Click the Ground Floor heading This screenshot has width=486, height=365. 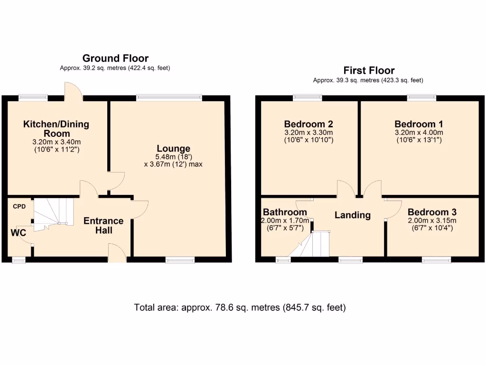pos(115,58)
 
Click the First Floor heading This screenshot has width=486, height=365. pos(369,71)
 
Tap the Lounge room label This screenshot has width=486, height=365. pos(174,149)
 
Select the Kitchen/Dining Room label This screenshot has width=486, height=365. pos(56,129)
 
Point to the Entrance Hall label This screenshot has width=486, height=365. pos(103,225)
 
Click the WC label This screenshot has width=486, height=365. pos(18,233)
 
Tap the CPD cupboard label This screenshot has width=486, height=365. pos(19,207)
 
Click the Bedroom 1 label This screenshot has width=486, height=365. pos(419,124)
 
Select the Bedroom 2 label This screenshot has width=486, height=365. pos(308,124)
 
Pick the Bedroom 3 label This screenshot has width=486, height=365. pos(432,212)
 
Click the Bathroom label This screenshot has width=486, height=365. pos(285,212)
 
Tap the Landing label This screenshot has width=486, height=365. pos(353,215)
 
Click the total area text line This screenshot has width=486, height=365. pos(240,307)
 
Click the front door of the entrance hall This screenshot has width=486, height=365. pos(117,253)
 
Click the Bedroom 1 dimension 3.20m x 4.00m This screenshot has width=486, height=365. pos(419,133)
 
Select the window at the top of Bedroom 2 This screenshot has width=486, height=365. pos(308,98)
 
